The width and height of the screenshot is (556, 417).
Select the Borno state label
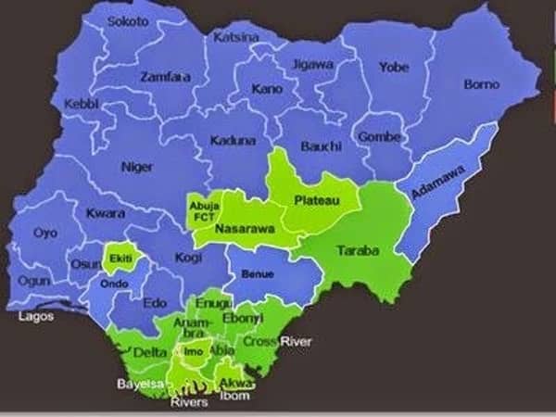click(481, 84)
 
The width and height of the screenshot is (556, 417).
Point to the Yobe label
click(394, 67)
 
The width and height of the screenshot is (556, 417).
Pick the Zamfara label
click(166, 77)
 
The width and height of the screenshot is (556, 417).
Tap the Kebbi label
click(82, 105)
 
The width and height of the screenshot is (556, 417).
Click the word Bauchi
click(321, 146)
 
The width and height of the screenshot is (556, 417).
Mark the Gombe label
click(381, 136)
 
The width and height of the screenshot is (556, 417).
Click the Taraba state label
click(356, 250)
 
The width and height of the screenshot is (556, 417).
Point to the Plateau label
click(312, 200)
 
